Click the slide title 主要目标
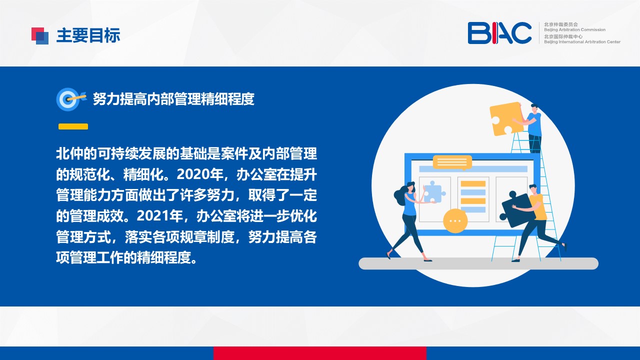88,35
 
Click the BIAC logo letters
499,33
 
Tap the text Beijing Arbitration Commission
574,29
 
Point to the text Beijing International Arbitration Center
582,42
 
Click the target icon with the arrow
70,99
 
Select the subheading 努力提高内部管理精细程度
173,99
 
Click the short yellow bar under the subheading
73,126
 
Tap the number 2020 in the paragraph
193,174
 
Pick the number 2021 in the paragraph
153,216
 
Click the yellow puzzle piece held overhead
505,118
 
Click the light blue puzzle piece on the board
433,193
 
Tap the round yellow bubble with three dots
455,220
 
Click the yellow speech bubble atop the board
452,162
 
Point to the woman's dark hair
401,193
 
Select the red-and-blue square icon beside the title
40,36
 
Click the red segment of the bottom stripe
319,353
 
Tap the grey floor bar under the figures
478,263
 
